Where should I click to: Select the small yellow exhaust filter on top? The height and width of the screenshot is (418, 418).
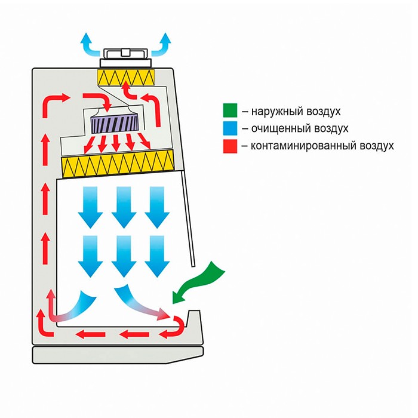coord(125,76)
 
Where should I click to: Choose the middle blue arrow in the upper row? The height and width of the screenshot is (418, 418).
coord(124,207)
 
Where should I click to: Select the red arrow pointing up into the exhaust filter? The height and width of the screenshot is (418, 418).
coord(127,91)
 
